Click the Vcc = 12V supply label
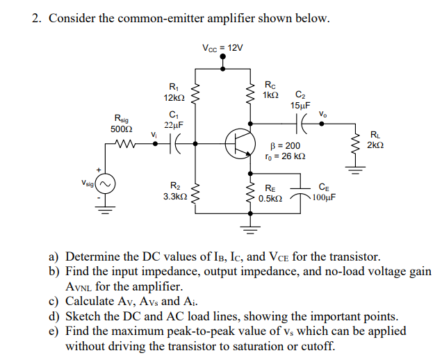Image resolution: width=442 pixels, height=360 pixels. [x=222, y=48]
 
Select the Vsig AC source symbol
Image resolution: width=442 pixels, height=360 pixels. [x=106, y=185]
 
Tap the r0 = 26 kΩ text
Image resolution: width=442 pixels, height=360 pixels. [x=286, y=156]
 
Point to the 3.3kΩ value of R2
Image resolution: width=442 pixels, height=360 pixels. [x=174, y=197]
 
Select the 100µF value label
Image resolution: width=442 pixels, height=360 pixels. [x=323, y=197]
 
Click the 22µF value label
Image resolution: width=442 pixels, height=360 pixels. [x=172, y=124]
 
